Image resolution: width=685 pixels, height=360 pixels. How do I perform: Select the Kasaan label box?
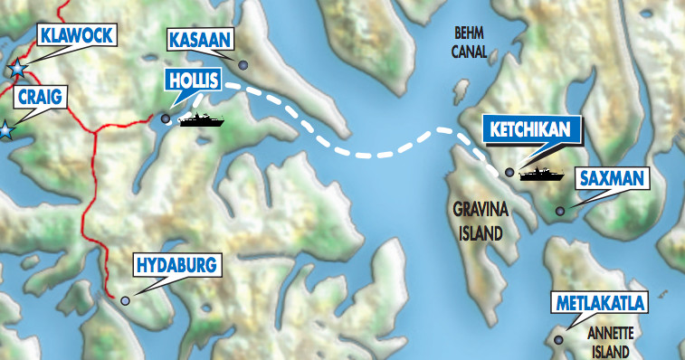coord(201,40)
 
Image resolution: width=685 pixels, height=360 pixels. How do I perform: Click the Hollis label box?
coord(193,80)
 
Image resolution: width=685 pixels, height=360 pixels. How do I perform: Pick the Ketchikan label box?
coord(530,129)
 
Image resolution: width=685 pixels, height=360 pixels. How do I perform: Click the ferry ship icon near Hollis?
coord(201,119)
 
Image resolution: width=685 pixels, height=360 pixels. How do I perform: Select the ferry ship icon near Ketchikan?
coord(542,173)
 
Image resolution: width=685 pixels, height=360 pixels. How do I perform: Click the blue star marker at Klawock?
coord(16,69)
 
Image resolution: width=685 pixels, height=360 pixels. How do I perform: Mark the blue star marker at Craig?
coord(6,129)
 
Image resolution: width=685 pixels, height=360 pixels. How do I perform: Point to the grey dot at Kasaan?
coord(243,64)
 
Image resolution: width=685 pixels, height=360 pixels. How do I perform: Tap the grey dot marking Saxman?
coord(560,212)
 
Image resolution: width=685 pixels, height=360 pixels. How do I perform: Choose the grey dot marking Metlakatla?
coord(558,340)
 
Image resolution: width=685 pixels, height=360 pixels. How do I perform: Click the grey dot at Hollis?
coord(166,118)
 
